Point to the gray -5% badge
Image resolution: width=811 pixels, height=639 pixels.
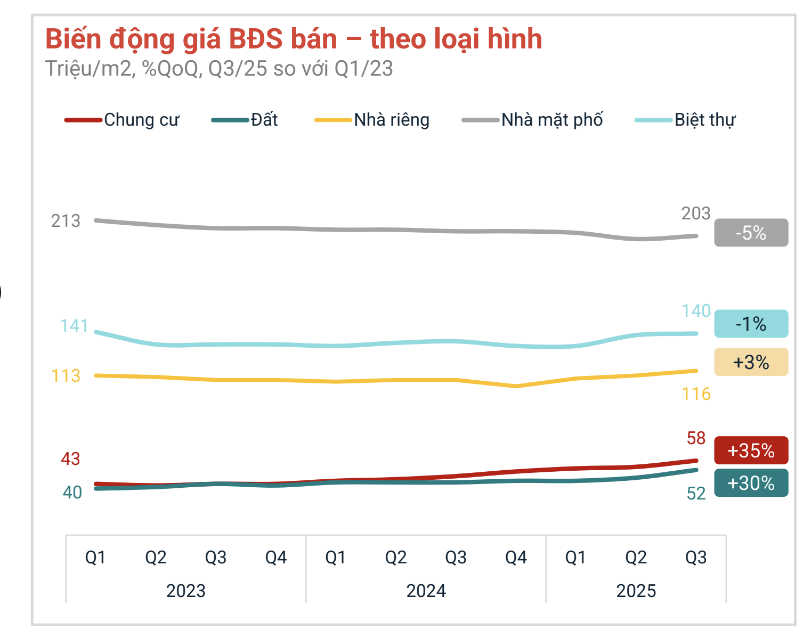(x=751, y=233)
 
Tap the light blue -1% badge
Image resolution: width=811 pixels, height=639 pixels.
(x=751, y=324)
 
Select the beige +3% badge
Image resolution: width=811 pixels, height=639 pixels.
(x=751, y=362)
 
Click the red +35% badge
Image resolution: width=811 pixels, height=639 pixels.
(x=751, y=450)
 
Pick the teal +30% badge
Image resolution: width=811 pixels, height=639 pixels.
(x=751, y=483)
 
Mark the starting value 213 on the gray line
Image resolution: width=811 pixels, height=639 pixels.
(x=66, y=220)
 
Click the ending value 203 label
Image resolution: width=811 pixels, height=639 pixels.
(x=696, y=214)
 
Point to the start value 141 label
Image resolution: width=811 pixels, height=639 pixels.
(x=74, y=325)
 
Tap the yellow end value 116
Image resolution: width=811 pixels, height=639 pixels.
(x=696, y=394)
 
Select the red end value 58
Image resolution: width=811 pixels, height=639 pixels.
(x=696, y=438)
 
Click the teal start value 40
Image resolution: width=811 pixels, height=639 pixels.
(x=72, y=493)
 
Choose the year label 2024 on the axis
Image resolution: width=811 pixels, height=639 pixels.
(x=426, y=591)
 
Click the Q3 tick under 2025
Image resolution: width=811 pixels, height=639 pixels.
(x=696, y=558)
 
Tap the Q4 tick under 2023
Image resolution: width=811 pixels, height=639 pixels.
(x=276, y=558)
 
